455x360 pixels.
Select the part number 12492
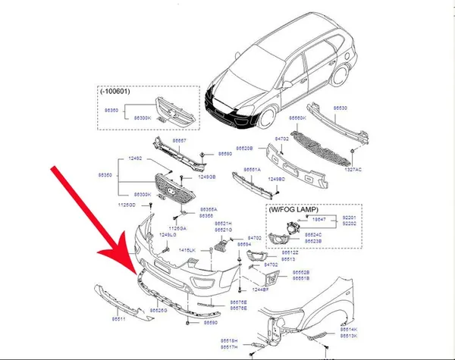(135, 159)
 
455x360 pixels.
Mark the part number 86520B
(244, 149)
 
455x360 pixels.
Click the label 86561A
(252, 170)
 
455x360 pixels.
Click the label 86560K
(300, 118)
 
